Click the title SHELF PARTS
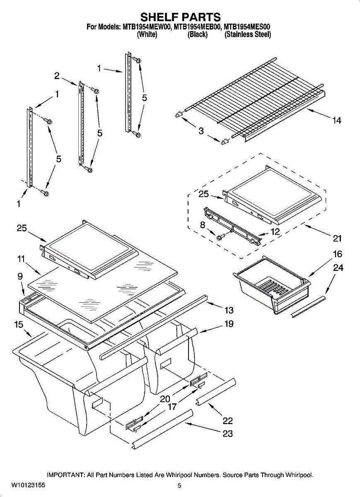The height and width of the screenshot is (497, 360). pos(180,17)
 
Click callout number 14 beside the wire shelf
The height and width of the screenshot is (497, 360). pos(336,121)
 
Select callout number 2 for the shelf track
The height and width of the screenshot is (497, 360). pos(57,76)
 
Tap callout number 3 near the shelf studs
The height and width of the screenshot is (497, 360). pos(201,131)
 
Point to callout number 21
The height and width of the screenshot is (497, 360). pos(337,238)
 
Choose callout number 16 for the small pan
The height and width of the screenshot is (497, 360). pos(337,254)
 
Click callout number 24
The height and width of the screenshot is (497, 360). pos(338,268)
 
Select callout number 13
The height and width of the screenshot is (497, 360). pos(229,310)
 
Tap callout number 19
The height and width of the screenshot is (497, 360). pos(229,324)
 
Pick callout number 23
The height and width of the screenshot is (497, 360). pos(227,434)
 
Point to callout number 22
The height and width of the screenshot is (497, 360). pos(227,421)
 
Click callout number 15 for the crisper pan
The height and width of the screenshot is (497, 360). pos(19,325)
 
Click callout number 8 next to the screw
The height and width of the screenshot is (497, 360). pos(202,225)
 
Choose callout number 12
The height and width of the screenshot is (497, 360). pos(275,232)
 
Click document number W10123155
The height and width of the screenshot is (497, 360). pos(28,485)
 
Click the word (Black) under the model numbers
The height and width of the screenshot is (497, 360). pos(198,35)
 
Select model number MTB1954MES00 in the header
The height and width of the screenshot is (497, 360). pos(247,27)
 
